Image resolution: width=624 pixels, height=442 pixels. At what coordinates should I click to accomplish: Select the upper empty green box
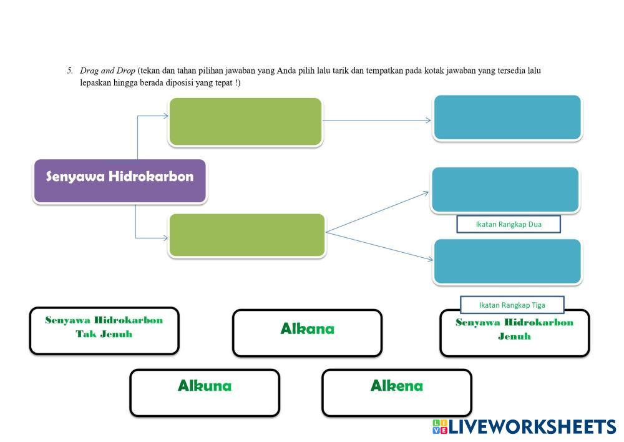245,122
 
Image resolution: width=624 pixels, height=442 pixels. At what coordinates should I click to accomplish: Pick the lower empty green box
247,235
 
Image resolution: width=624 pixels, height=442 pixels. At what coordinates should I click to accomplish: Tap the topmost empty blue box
507,118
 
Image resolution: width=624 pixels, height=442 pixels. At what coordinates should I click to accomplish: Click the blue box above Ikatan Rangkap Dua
505,190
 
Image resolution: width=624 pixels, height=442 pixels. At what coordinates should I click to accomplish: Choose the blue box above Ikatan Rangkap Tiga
507,262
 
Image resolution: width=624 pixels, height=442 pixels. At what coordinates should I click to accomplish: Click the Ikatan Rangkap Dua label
509,224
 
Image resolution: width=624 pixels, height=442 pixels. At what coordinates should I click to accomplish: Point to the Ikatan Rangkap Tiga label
512,305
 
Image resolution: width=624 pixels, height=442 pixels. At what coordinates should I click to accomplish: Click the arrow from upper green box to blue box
377,120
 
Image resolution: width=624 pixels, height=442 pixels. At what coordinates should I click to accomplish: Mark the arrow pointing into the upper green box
153,115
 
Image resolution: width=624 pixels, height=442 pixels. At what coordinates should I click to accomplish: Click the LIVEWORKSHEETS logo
524,427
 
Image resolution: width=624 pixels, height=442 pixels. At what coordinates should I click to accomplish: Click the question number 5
70,71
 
